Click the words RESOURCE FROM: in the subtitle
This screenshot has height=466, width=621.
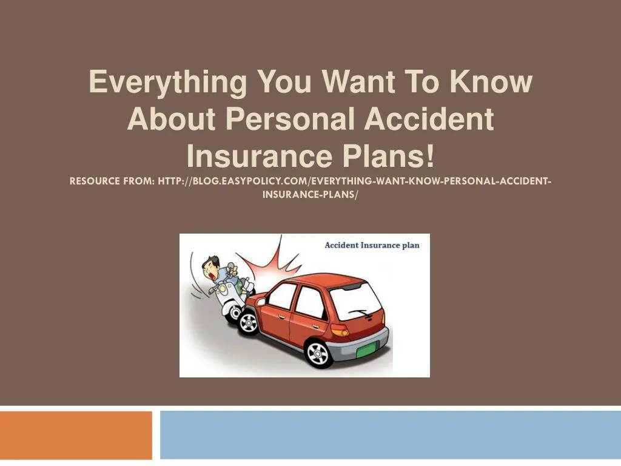pyautogui.click(x=110, y=181)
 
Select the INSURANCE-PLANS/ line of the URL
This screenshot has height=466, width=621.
pyautogui.click(x=310, y=195)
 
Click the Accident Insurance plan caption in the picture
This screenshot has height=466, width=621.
pyautogui.click(x=372, y=245)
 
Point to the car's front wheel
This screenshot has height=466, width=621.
pyautogui.click(x=248, y=323)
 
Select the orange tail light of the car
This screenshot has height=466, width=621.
pyautogui.click(x=340, y=329)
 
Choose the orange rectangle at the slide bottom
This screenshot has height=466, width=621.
pyautogui.click(x=76, y=435)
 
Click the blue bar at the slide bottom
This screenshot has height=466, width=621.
pyautogui.click(x=390, y=435)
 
